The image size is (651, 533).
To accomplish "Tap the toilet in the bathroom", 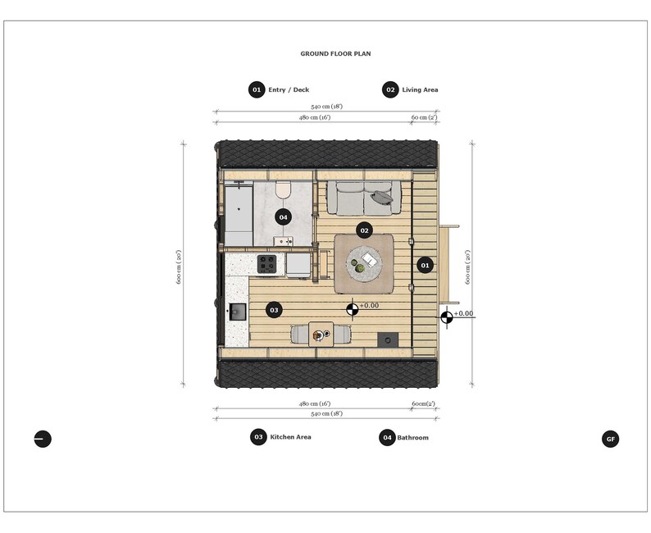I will click(x=284, y=190).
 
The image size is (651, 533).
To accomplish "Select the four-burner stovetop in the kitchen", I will click(x=266, y=264).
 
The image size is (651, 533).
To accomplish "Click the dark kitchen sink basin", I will click(x=238, y=312).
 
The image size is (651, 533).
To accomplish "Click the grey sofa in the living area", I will click(x=364, y=197).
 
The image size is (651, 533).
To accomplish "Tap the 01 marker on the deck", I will click(x=425, y=265).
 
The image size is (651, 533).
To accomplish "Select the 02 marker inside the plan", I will click(x=365, y=230).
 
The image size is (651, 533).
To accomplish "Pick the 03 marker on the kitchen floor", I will click(x=274, y=310).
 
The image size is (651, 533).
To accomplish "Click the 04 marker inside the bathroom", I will click(x=283, y=217).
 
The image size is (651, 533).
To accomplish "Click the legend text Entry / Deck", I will click(x=289, y=89).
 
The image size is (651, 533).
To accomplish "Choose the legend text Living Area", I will click(x=420, y=89).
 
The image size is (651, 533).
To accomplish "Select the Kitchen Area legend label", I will click(x=290, y=437).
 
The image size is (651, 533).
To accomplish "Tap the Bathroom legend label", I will click(x=413, y=438).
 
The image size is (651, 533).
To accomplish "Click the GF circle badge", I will click(x=610, y=439).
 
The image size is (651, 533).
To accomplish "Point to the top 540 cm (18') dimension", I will click(x=326, y=107).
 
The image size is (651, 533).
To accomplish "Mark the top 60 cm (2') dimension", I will click(x=424, y=118).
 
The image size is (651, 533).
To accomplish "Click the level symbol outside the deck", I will click(x=447, y=318).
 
